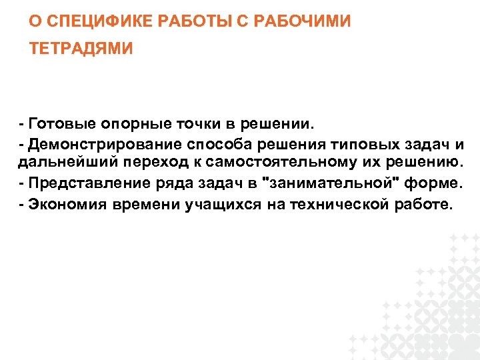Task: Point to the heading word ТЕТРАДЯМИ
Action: click(x=81, y=49)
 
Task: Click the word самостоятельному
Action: click(x=273, y=161)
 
